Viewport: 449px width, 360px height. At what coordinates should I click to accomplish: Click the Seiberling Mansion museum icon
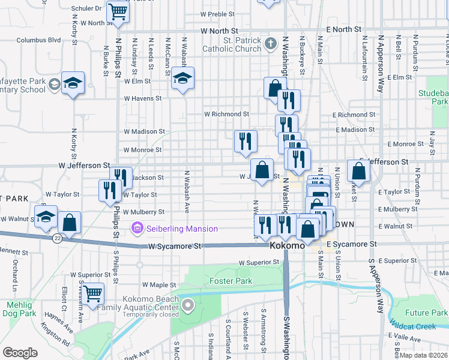(x=137, y=229)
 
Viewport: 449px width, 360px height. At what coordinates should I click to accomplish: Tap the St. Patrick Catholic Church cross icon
(x=271, y=43)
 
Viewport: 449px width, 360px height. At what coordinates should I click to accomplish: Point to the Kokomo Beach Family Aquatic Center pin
(x=188, y=307)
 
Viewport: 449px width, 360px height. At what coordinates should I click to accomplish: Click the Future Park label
(x=426, y=313)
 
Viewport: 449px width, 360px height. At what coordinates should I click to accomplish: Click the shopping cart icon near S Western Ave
(x=92, y=294)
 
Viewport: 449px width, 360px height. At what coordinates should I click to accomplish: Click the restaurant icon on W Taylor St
(x=109, y=190)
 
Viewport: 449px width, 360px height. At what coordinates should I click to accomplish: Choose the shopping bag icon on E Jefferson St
(x=358, y=172)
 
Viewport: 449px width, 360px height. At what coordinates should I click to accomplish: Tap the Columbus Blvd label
(x=39, y=40)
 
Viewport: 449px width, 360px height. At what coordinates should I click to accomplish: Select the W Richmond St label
(x=226, y=113)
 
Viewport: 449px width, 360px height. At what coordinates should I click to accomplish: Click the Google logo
(x=20, y=352)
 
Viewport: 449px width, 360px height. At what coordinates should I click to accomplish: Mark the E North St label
(x=344, y=29)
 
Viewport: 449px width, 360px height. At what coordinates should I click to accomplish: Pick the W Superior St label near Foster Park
(x=259, y=263)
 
